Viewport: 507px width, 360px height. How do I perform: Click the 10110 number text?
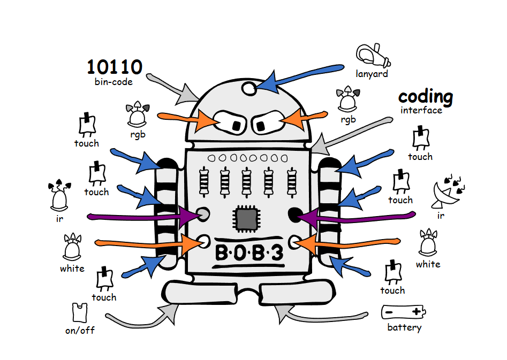(115, 67)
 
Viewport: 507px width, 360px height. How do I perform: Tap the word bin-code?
(113, 82)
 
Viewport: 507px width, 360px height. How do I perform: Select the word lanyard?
(372, 74)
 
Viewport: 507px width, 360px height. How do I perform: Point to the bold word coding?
(426, 97)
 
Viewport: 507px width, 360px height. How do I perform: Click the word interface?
(421, 110)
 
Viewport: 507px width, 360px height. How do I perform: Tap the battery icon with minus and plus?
(403, 312)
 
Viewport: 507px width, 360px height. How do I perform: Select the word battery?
(404, 327)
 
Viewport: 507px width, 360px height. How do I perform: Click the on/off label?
(80, 330)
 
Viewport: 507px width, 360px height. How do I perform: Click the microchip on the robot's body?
(247, 219)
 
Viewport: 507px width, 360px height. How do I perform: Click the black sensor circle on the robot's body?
(295, 215)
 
